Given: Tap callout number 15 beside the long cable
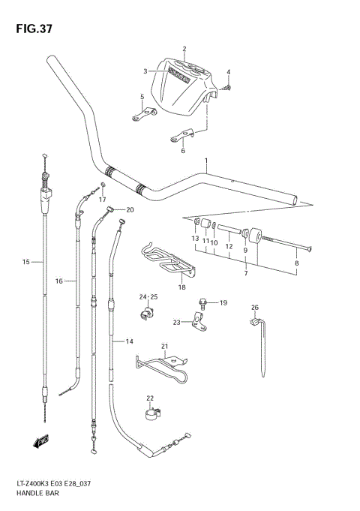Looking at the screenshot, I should click(25, 262).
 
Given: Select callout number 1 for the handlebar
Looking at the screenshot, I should click(205, 161).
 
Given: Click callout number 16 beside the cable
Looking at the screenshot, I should click(59, 281).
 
